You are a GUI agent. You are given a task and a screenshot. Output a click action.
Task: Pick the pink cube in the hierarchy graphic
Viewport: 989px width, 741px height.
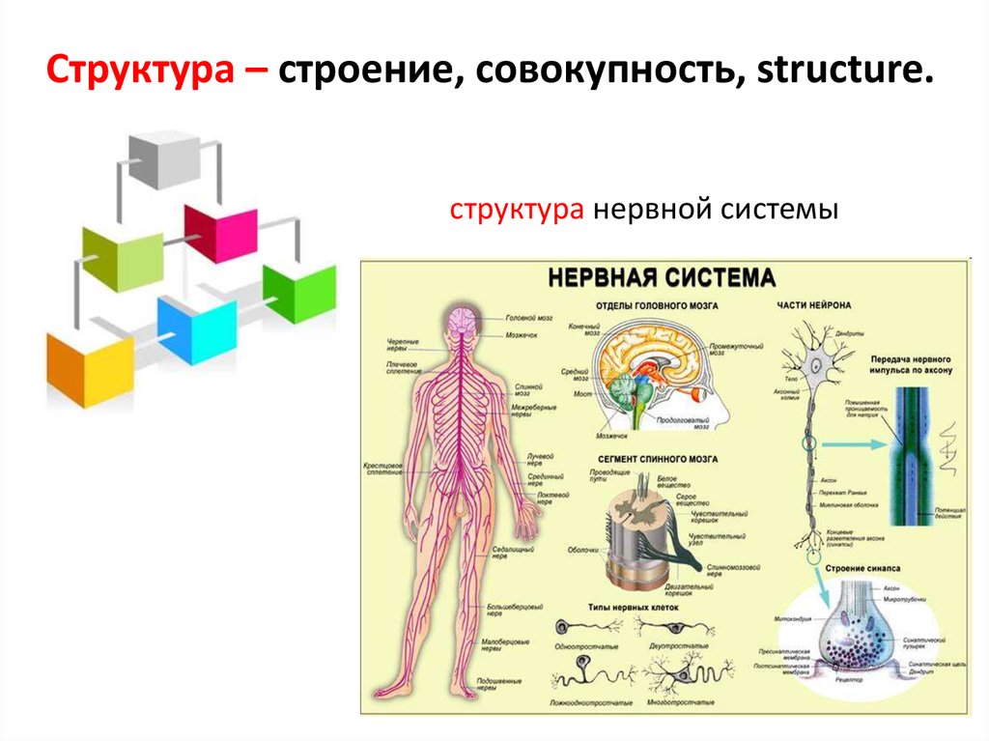pyautogui.click(x=222, y=232)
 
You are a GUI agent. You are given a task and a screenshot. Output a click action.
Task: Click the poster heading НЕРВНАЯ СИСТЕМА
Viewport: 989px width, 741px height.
pyautogui.click(x=662, y=278)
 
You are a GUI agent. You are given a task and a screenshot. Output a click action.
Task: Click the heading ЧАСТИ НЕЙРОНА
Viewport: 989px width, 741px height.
pyautogui.click(x=813, y=306)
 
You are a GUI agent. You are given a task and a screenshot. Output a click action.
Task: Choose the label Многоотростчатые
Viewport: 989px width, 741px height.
pyautogui.click(x=683, y=699)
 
